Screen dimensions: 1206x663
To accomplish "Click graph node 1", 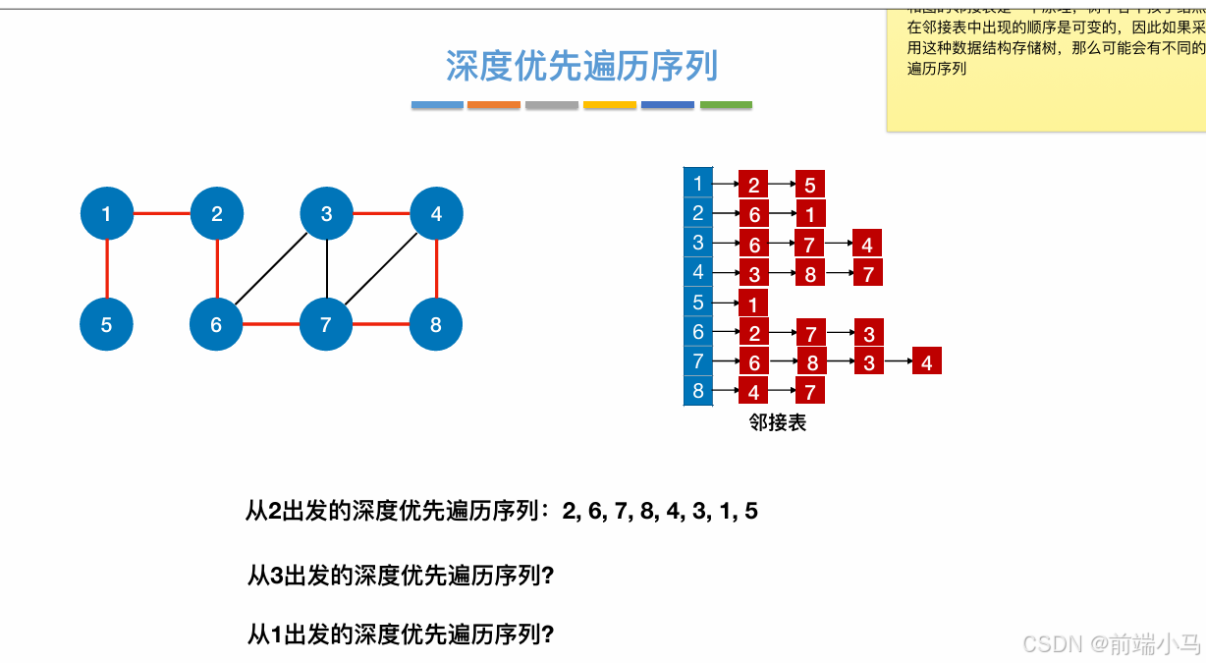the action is click(x=107, y=213).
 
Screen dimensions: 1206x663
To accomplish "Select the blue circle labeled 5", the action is click(x=107, y=324).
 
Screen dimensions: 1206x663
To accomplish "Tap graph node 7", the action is click(x=326, y=324).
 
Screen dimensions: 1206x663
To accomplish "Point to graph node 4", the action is click(x=436, y=213).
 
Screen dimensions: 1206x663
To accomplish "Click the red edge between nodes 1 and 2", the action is click(x=162, y=213).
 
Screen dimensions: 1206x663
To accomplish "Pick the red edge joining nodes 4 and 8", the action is click(x=436, y=269).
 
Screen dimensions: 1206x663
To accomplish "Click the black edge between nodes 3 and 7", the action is click(x=326, y=269).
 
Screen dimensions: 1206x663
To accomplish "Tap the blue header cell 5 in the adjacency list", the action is click(x=698, y=303).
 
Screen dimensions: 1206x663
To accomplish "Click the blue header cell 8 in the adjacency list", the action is click(x=698, y=391).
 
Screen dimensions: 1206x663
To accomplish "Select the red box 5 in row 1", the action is click(x=810, y=185).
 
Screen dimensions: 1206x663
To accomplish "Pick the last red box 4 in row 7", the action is click(x=926, y=362).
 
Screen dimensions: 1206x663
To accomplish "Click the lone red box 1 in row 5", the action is click(x=753, y=304).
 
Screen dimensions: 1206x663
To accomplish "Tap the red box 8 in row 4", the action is click(x=810, y=274).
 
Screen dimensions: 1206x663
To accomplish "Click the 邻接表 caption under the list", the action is click(x=778, y=423).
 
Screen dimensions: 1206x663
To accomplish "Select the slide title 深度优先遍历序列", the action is click(x=581, y=67).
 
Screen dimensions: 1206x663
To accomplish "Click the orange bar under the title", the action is click(x=494, y=104).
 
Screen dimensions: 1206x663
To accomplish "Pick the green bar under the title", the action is click(x=726, y=104).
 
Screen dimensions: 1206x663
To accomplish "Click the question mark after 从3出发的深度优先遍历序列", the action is click(x=548, y=576).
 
